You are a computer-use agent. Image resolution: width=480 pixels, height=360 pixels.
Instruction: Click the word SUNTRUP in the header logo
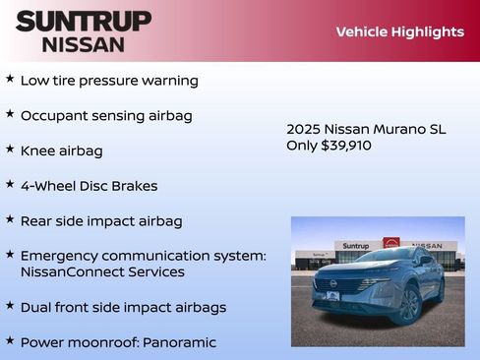(84, 21)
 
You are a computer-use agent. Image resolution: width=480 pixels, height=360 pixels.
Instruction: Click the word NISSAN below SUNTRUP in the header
(84, 44)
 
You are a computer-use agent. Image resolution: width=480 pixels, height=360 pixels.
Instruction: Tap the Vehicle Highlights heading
(399, 31)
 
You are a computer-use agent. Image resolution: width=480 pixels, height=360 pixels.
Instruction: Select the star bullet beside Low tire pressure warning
(10, 79)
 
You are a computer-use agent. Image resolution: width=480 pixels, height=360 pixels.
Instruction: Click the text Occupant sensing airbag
(106, 115)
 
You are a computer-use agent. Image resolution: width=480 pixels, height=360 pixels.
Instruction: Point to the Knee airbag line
(61, 150)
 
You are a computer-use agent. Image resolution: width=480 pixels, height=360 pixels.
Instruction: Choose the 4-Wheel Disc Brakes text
(89, 185)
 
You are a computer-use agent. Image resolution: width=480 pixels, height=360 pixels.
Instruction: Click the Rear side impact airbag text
(101, 220)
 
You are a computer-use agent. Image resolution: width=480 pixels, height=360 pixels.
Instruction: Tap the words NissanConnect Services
(102, 271)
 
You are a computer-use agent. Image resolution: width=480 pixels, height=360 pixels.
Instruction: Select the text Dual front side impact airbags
(123, 307)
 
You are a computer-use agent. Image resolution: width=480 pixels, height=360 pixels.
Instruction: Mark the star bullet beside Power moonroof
(10, 340)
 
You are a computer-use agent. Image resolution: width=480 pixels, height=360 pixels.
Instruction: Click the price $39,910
(346, 145)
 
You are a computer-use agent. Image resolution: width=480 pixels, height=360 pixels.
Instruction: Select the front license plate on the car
(332, 296)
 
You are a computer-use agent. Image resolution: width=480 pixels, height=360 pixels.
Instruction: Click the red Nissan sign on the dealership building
(391, 243)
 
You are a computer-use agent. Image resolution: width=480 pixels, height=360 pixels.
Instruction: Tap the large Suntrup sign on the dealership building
(355, 245)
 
